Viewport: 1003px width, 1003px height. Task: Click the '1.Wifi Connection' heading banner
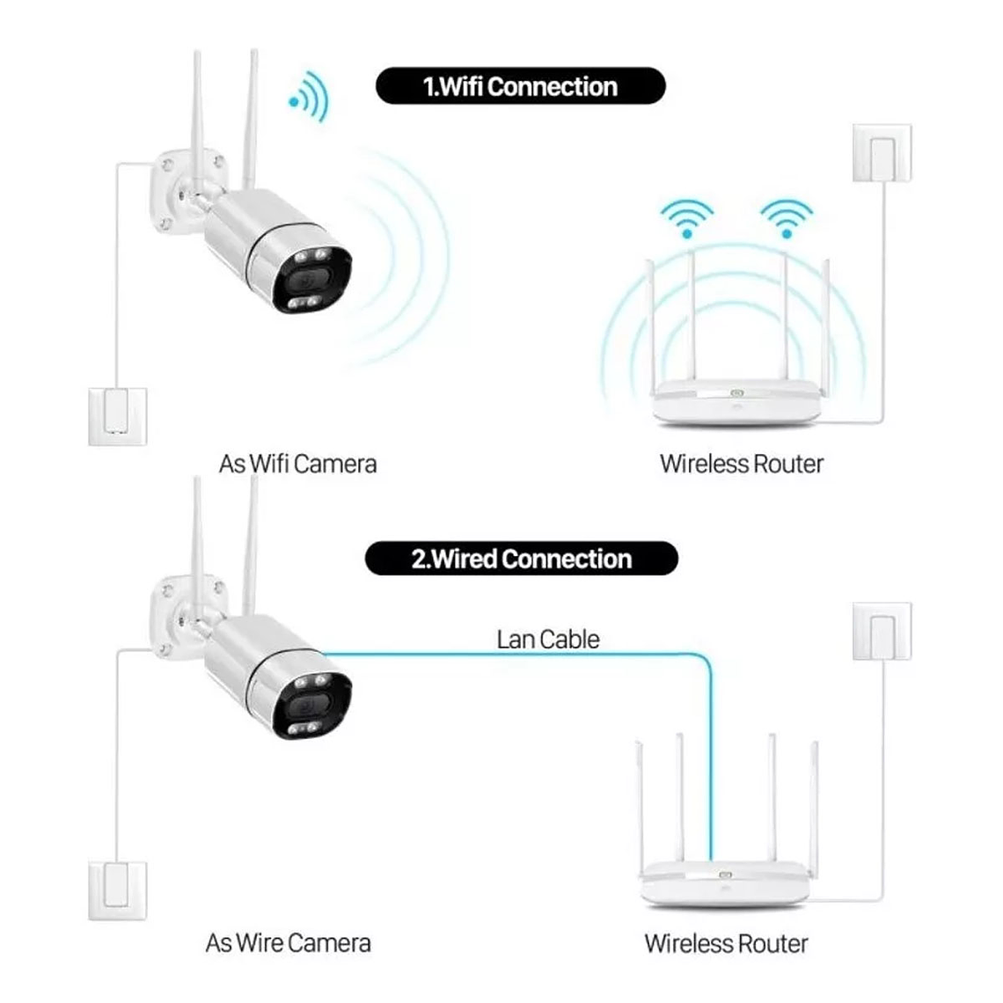coord(520,86)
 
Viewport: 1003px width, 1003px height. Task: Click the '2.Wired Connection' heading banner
coord(521,559)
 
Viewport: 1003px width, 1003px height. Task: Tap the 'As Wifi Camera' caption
coord(297,464)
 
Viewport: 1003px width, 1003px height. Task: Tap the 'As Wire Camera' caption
coord(288,943)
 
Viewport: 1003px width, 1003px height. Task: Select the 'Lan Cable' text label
coord(547,639)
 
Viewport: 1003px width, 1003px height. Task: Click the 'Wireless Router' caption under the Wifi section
coord(741,464)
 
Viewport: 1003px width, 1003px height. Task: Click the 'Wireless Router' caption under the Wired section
coord(726,943)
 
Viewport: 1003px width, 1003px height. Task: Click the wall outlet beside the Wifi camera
coord(117,415)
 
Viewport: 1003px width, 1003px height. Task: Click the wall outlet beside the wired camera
coord(117,890)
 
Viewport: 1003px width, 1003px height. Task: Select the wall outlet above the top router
coord(882,153)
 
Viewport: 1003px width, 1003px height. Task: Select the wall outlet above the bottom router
coord(882,630)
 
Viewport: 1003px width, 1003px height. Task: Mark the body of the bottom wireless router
coord(724,882)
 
